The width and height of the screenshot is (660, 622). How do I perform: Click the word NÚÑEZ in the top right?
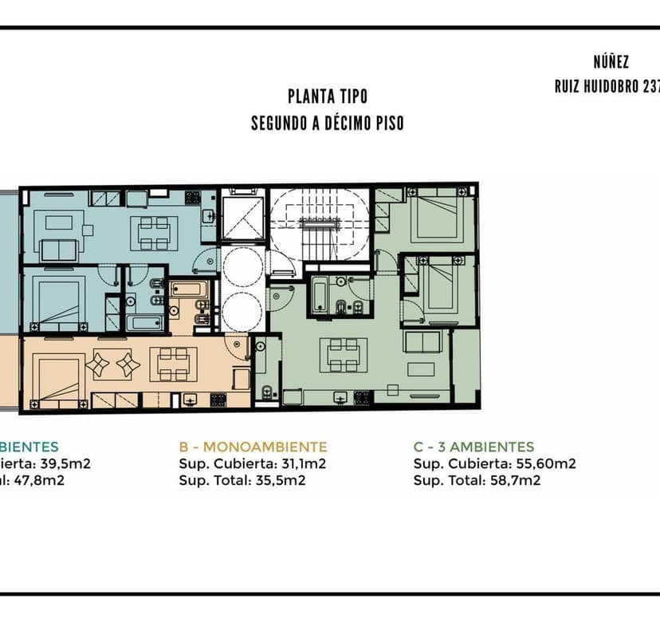click(x=611, y=62)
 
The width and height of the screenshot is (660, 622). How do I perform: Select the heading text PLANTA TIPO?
click(x=328, y=96)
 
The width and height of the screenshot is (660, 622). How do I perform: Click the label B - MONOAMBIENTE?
click(x=253, y=447)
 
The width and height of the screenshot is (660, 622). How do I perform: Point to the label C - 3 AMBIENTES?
click(x=474, y=447)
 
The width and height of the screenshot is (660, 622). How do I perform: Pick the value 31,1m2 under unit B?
click(x=302, y=463)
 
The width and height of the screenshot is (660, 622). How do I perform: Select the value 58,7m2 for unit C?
click(x=515, y=481)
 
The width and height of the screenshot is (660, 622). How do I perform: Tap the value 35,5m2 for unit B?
click(x=281, y=481)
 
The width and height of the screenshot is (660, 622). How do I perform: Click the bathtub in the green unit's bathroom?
click(x=320, y=297)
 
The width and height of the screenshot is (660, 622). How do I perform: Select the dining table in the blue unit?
click(x=154, y=234)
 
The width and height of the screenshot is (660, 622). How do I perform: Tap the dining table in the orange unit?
click(x=174, y=364)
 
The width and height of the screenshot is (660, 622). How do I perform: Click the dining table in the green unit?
click(x=344, y=356)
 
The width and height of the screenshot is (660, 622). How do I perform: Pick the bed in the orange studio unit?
click(x=59, y=382)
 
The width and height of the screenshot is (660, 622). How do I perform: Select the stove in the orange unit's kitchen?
click(x=218, y=400)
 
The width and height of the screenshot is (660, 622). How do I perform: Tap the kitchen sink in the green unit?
click(x=340, y=397)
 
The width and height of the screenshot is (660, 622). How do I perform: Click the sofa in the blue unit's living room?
click(x=59, y=250)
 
